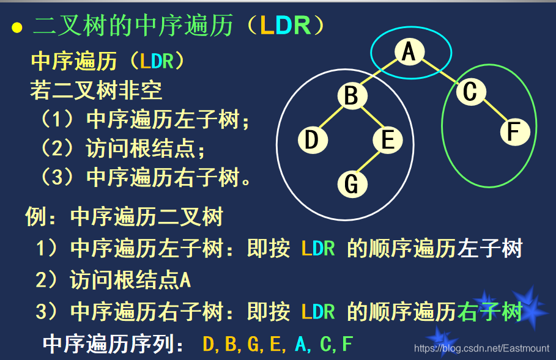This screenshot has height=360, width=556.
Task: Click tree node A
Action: (409, 51)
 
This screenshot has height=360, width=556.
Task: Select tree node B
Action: (351, 96)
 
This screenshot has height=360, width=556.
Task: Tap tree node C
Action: (470, 92)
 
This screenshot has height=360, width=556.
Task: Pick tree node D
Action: (313, 140)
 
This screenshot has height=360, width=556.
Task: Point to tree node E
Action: (388, 140)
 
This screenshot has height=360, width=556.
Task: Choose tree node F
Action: (514, 131)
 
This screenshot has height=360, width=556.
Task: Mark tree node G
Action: (351, 183)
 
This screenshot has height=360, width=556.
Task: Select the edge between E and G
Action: (369, 162)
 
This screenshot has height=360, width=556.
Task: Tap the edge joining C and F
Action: (492, 112)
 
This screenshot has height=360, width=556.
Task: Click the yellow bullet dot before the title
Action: (17, 28)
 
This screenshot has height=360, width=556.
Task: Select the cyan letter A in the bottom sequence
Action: (300, 343)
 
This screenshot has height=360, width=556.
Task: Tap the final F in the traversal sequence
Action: (347, 343)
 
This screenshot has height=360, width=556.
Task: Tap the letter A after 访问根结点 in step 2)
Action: (185, 281)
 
